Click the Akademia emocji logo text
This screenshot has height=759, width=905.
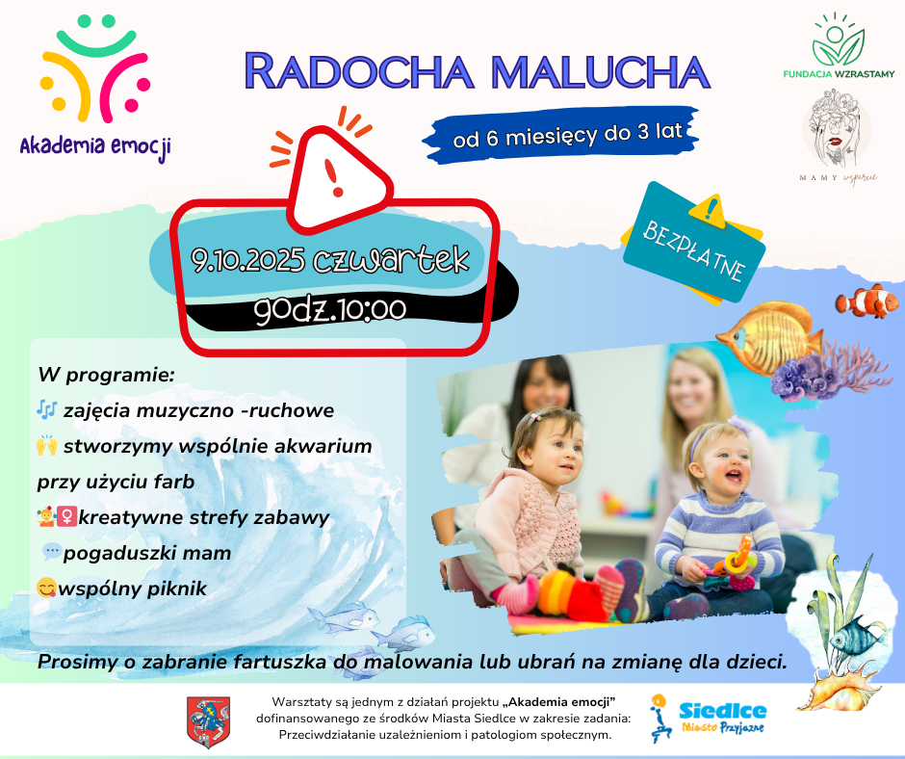point(95,146)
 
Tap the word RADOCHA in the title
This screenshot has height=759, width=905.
point(359,71)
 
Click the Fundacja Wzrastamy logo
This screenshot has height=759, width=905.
point(839,45)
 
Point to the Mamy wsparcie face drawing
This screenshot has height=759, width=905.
point(837,127)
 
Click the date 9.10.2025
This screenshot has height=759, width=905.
point(248,260)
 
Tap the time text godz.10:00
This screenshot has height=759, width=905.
point(330,309)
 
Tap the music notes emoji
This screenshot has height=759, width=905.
point(46,410)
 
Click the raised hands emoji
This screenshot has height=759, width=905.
point(47,445)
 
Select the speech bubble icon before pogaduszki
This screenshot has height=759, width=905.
point(51,552)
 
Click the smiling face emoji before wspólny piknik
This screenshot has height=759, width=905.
point(46,588)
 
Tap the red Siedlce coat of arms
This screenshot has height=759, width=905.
point(208,721)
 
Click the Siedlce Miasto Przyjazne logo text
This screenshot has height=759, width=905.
point(723,718)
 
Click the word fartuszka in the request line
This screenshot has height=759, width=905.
point(279,662)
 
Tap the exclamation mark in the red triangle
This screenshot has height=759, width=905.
point(334,177)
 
